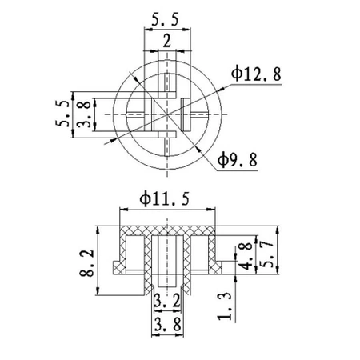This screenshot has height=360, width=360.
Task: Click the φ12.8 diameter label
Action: [x=257, y=75]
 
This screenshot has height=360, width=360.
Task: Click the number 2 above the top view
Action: [x=166, y=40]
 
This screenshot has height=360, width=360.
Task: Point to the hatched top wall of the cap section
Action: [x=166, y=229]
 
